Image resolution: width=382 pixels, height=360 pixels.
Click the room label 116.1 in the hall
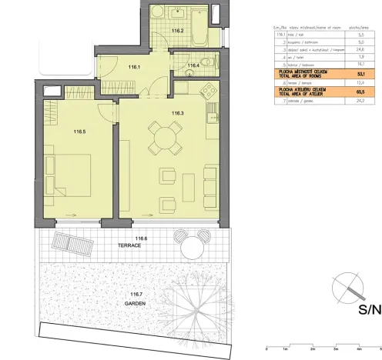[x=136, y=68]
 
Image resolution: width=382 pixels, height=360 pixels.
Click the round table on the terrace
[x=189, y=248]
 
